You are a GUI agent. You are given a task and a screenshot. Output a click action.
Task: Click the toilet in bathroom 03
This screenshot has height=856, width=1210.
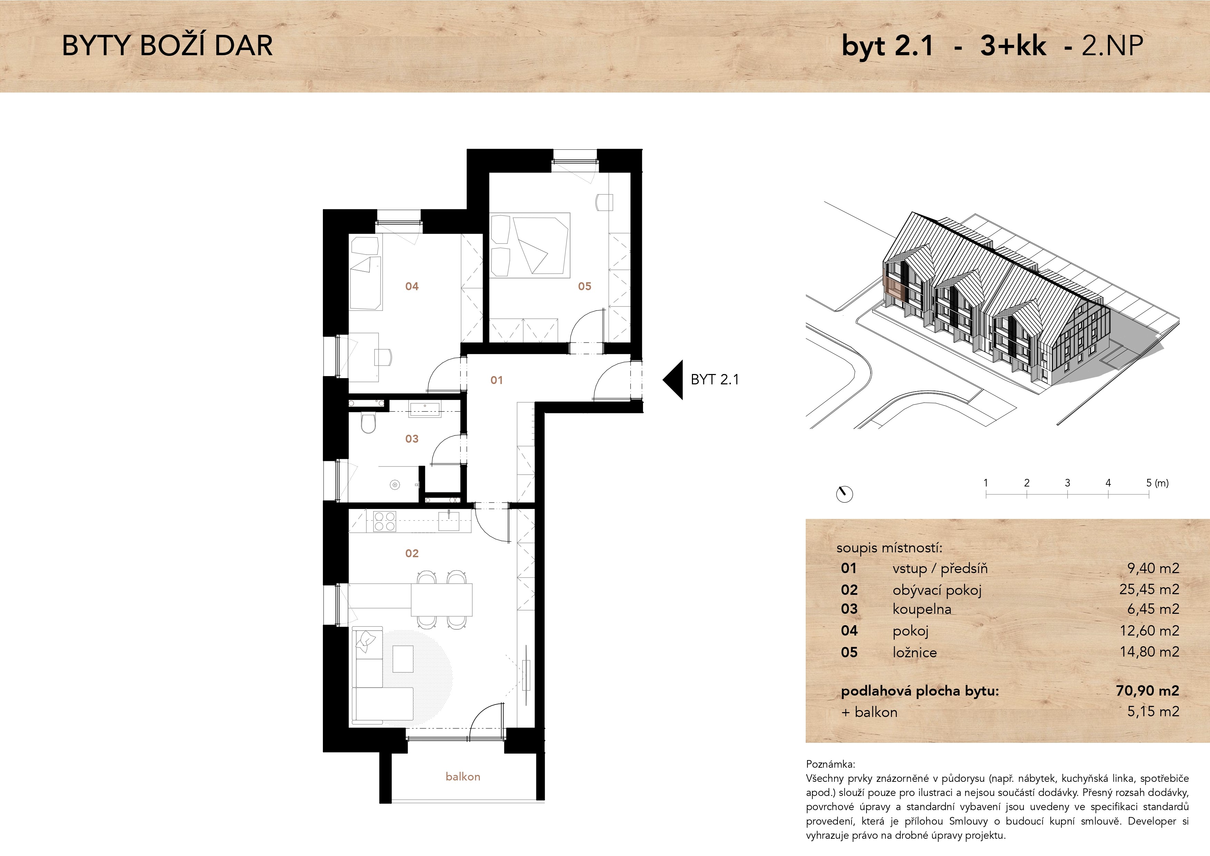click(x=368, y=423)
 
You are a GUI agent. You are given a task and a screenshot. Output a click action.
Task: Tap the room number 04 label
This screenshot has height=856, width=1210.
click(x=411, y=286)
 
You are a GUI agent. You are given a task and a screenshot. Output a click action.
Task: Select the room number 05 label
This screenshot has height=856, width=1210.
click(x=584, y=286)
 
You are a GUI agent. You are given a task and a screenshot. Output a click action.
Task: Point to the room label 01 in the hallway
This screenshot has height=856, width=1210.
click(x=496, y=380)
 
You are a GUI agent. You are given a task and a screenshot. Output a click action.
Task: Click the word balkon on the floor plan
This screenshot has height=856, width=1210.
click(x=463, y=776)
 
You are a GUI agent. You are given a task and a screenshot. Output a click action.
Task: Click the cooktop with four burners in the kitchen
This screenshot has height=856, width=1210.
click(x=384, y=521)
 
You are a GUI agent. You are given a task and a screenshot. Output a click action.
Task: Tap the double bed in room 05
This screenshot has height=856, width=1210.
click(x=530, y=245)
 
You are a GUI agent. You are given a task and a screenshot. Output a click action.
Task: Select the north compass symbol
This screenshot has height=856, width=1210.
click(x=844, y=494)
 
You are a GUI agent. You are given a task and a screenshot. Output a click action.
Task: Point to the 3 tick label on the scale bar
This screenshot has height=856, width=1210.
click(x=1067, y=483)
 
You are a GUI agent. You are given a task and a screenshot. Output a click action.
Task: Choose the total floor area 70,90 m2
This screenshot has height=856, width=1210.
click(x=1147, y=690)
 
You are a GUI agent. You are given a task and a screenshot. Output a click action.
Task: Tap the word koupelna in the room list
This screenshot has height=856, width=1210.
click(x=922, y=609)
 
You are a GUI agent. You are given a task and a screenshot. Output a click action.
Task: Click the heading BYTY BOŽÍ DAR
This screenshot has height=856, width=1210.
click(x=168, y=46)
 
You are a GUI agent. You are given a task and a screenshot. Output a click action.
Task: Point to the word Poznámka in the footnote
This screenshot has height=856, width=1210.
click(x=831, y=764)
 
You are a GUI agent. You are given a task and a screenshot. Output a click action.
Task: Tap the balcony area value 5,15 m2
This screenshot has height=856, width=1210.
click(x=1153, y=711)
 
